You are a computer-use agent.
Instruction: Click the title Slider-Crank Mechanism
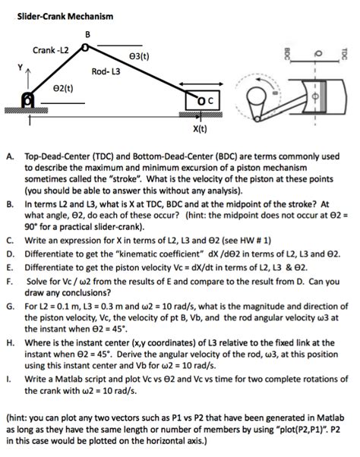65,16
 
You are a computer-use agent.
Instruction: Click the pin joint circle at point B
85,47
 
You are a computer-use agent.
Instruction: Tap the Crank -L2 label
50,50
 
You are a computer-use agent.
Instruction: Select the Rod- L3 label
106,71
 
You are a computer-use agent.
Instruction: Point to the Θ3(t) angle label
139,56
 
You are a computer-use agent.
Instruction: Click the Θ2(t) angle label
63,88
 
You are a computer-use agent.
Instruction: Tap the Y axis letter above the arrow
20,68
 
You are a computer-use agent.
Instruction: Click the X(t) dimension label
200,128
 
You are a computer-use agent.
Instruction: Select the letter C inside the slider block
210,100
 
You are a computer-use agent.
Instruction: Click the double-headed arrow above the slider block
201,84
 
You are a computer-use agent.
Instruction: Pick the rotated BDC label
287,54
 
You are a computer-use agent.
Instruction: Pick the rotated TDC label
344,54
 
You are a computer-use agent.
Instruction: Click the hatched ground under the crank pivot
27,110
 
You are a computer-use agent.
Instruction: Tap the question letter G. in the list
11,307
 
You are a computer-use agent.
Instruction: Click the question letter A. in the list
10,156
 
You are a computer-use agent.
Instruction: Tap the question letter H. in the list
11,343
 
